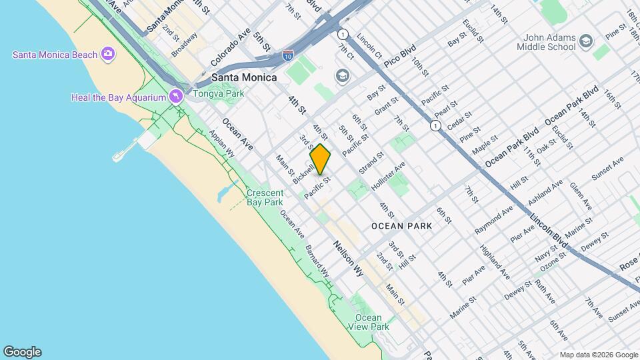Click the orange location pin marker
[x=320, y=159]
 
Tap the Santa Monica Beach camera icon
[x=107, y=54]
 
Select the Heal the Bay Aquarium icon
[x=175, y=97]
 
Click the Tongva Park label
[x=219, y=93]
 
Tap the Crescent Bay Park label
[x=265, y=197]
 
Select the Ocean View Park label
[x=368, y=322]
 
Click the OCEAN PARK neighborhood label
[x=401, y=226]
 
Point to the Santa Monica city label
[x=244, y=77]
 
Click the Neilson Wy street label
[x=348, y=258]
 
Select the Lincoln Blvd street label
[x=549, y=231]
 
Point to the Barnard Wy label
[x=317, y=261]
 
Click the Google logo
[x=22, y=352]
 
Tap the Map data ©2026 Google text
[x=599, y=355]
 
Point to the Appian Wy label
[x=221, y=143]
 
